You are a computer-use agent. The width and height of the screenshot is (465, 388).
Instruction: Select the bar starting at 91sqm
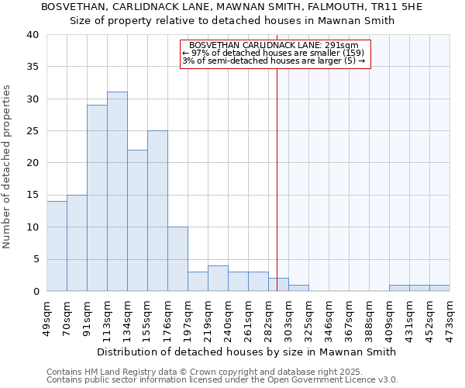click(97, 198)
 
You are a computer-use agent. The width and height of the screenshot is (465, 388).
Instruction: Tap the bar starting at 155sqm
click(157, 211)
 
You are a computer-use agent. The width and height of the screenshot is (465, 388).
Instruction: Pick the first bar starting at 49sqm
click(57, 246)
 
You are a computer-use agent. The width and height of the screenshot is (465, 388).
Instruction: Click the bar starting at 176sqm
click(177, 259)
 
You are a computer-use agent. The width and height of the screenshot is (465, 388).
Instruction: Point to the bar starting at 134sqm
click(137, 220)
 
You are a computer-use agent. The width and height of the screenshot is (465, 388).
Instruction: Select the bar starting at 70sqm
click(77, 243)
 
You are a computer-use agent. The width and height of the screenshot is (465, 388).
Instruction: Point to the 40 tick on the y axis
click(32, 35)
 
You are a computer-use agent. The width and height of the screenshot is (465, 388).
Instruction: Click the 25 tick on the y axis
click(32, 131)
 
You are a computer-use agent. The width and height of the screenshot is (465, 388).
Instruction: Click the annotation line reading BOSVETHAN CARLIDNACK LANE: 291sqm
click(274, 46)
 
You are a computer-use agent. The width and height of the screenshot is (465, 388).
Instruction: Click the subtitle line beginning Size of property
click(232, 21)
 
